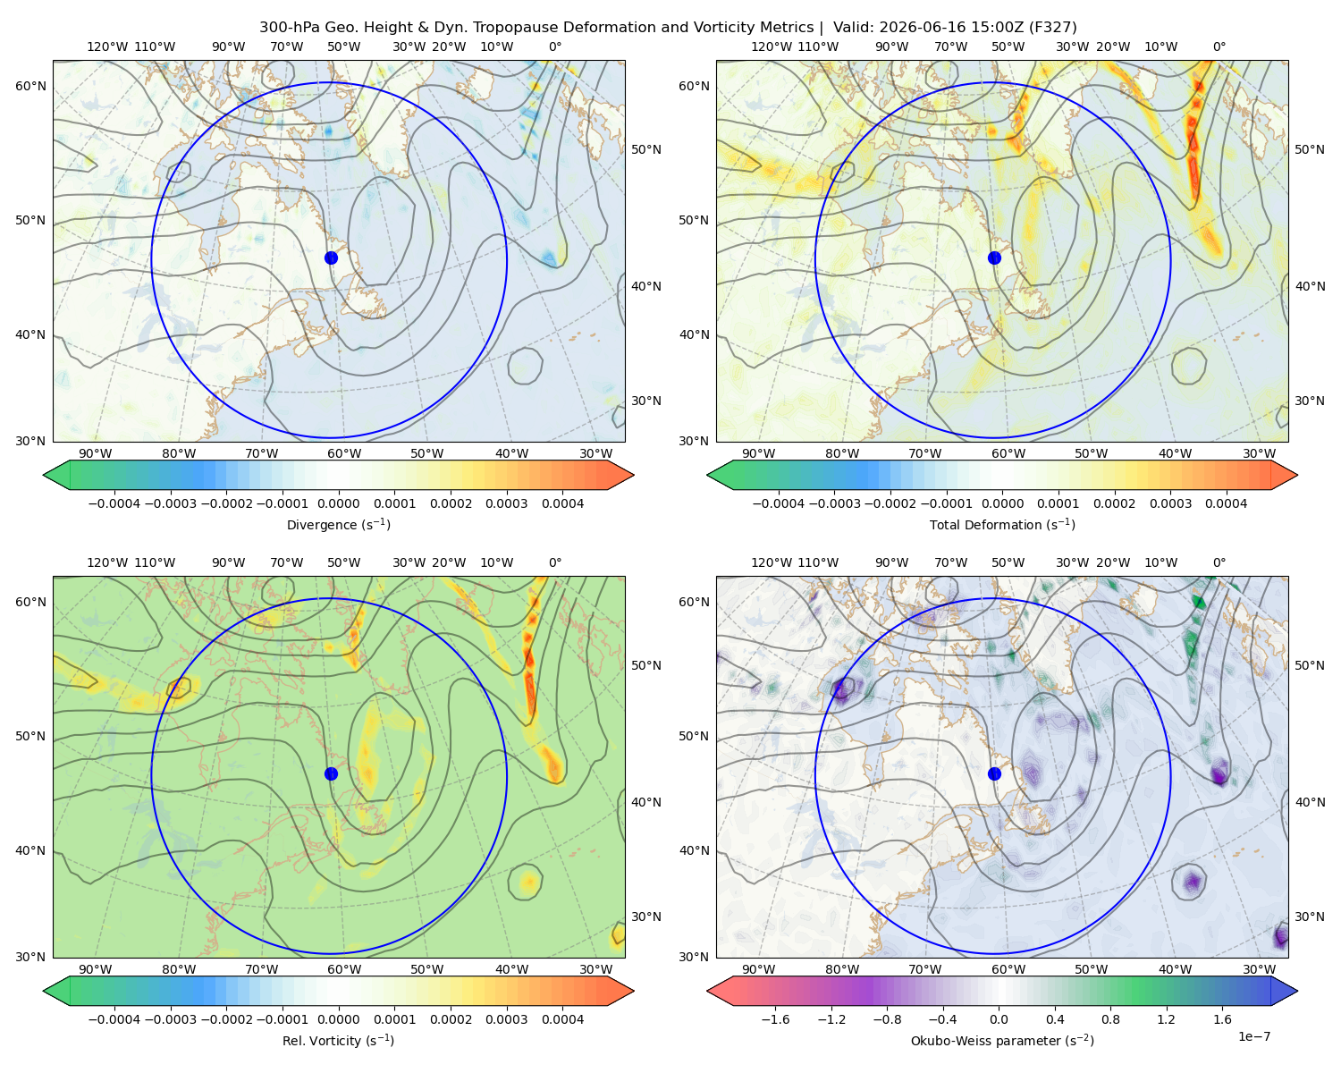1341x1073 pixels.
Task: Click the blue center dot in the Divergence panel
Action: pos(331,258)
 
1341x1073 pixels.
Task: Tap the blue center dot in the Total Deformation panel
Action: pos(994,258)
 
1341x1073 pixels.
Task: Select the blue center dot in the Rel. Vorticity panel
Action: pos(331,773)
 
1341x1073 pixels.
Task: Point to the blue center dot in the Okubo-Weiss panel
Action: pos(994,773)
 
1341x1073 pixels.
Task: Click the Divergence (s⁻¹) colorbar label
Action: pos(338,524)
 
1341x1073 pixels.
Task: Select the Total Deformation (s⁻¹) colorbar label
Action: pos(1002,524)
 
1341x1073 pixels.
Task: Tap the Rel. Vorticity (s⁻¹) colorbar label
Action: pos(338,1040)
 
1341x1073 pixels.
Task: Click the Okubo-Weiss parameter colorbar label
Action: pos(1002,1040)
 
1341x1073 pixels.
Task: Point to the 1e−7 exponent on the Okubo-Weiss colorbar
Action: pos(1253,1036)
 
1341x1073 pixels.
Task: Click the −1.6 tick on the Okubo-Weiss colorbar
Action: pos(775,1019)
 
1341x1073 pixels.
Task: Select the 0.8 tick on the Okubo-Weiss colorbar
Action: pos(1110,1019)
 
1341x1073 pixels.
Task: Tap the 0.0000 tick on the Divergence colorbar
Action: pos(338,503)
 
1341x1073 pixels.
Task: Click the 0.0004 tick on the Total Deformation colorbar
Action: pos(1226,503)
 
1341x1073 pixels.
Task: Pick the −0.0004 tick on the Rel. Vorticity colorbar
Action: pos(114,1019)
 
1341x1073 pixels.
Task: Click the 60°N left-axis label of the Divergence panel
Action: pos(30,86)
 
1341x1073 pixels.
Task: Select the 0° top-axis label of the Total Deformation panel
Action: pos(1219,46)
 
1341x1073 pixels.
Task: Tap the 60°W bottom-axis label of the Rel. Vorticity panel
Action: pos(344,969)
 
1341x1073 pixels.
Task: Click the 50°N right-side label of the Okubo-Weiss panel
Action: pos(1309,665)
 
